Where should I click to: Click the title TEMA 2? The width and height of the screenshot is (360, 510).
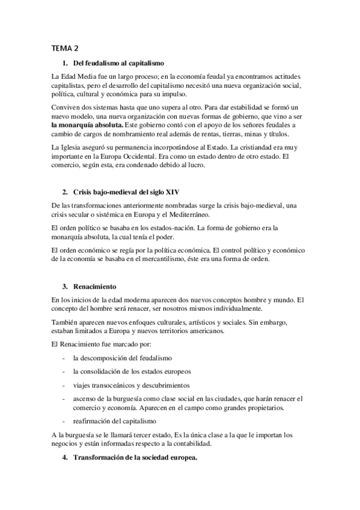tap(66, 48)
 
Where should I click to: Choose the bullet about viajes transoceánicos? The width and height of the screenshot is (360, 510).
tap(131, 384)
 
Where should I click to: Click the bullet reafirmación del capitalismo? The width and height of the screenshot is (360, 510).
tap(114, 420)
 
